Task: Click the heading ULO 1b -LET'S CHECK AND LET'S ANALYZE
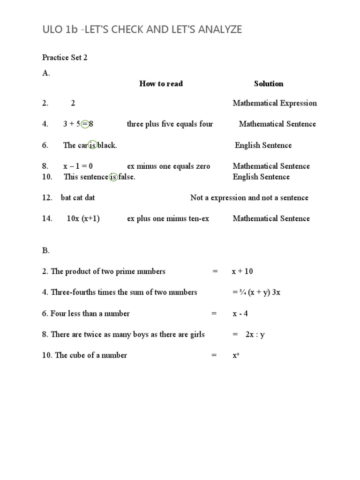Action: (142, 30)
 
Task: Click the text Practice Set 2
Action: (65, 58)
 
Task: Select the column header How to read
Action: (161, 84)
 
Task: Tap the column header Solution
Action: (269, 84)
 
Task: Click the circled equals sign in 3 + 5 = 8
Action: (85, 124)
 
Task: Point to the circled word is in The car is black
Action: (92, 145)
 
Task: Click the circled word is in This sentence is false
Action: (113, 177)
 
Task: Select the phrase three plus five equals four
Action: (170, 124)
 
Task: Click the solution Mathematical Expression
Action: (274, 103)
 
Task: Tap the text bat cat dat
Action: (78, 198)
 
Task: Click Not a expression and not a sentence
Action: (249, 198)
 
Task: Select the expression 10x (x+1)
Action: (83, 218)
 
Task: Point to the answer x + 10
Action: (242, 271)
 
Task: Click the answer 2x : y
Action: (255, 335)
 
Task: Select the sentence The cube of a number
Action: (90, 355)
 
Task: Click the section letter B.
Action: (45, 250)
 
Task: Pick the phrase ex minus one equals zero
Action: (168, 166)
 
